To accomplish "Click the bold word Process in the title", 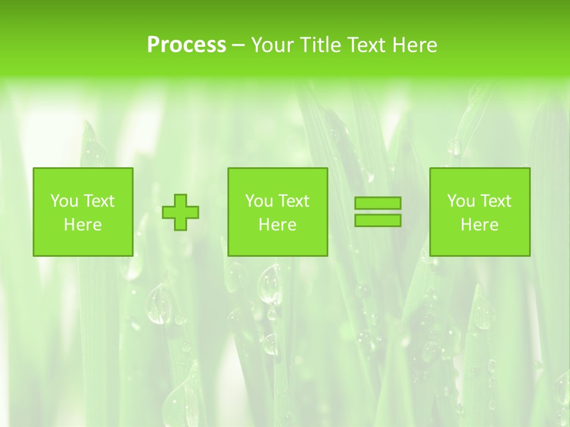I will [186, 45].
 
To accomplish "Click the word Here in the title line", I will [415, 45].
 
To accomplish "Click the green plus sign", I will [180, 212].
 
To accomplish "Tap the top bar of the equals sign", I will [378, 203].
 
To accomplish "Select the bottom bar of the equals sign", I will [378, 220].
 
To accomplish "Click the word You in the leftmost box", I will [63, 201].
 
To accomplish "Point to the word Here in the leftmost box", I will [83, 225].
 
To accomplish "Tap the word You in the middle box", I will [258, 201].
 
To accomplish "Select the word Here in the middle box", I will [277, 225].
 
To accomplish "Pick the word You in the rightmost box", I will [460, 201].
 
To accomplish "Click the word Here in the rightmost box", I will [479, 225].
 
